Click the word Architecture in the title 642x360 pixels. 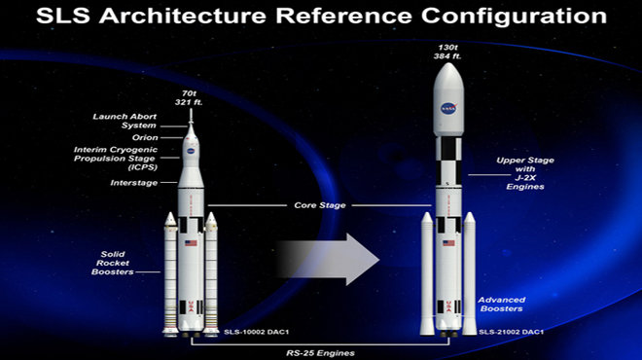[183, 16]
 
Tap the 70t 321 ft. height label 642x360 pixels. [189, 98]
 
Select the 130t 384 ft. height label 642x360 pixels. [447, 52]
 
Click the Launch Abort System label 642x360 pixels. [125, 121]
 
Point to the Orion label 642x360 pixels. [145, 137]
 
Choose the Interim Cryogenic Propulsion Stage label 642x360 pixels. [116, 159]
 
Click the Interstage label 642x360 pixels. [134, 183]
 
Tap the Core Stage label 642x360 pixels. [320, 205]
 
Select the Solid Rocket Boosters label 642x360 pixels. [113, 263]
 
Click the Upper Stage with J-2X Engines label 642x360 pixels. [525, 173]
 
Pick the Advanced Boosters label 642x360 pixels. [502, 305]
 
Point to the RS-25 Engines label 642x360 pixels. [321, 353]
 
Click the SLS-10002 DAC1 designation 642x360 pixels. [256, 332]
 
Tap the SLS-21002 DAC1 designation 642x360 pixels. [512, 332]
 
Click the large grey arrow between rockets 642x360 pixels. [327, 259]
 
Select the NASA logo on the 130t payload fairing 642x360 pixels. [448, 109]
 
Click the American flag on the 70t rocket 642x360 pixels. [191, 243]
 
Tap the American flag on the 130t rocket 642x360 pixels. [448, 243]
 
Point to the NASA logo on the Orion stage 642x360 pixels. [191, 151]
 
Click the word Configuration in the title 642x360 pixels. [514, 16]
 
